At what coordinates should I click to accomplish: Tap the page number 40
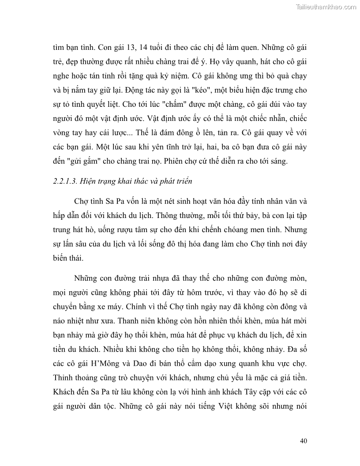pos(303,441)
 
